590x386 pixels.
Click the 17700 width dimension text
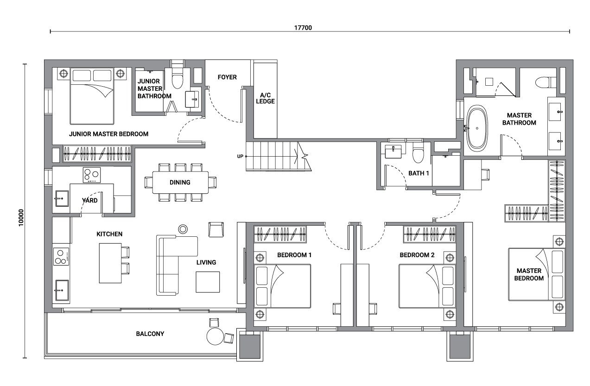303,28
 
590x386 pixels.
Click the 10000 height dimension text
21,217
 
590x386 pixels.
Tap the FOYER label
227,77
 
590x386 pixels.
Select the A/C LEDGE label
265,98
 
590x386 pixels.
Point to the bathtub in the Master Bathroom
477,128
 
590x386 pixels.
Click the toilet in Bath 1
418,153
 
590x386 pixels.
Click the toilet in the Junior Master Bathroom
177,78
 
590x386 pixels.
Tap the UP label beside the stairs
240,157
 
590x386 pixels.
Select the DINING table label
180,182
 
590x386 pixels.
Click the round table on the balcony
215,336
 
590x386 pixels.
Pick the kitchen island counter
110,263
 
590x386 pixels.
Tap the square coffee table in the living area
208,282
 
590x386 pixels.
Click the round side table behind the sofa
183,229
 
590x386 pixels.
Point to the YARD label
90,200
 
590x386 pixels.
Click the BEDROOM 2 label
417,255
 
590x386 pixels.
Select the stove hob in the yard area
91,175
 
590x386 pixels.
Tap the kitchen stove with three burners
61,256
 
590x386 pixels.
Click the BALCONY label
150,334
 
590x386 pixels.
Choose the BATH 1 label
419,173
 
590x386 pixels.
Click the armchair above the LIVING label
216,229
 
